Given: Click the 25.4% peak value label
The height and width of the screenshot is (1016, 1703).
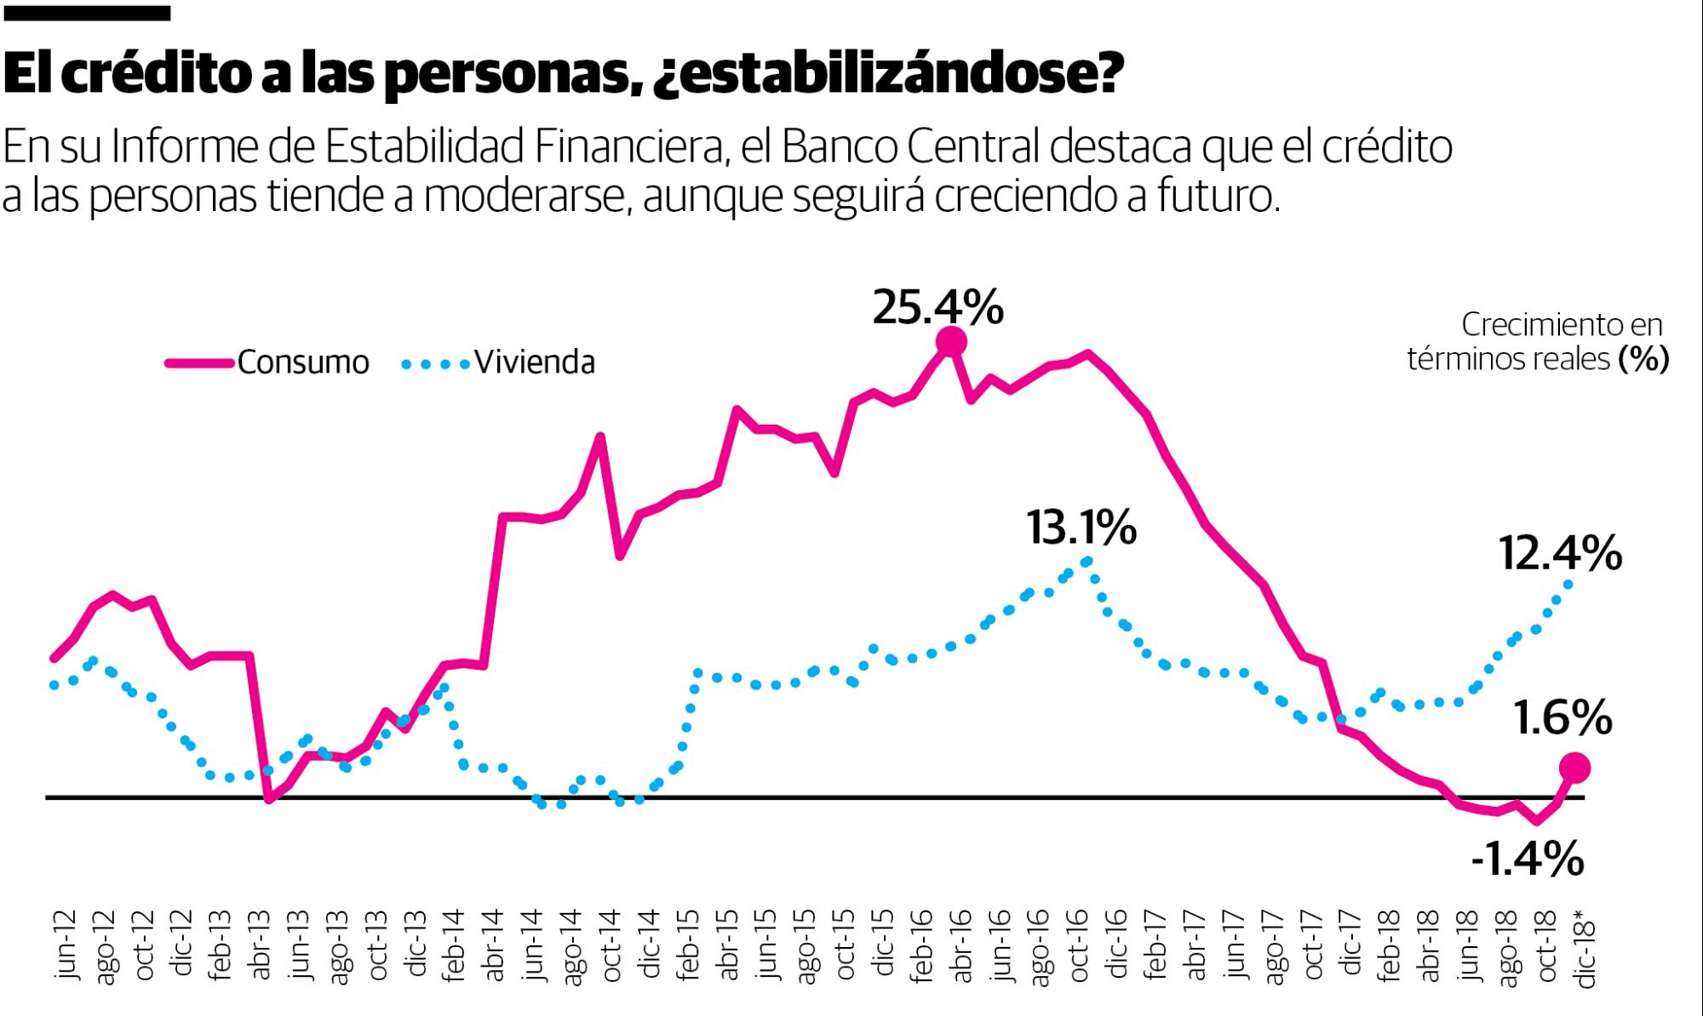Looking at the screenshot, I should tap(938, 307).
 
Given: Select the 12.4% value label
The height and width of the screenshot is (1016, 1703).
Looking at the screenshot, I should tap(1560, 554).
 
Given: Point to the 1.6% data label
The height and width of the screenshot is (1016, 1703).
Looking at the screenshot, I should tap(1563, 717).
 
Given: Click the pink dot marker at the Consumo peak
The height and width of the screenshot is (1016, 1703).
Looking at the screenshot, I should tap(951, 342).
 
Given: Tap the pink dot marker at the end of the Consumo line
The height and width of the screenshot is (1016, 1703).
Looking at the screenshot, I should tap(1574, 768).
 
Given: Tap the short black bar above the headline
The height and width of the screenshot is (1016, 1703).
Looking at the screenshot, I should tap(86, 13).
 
